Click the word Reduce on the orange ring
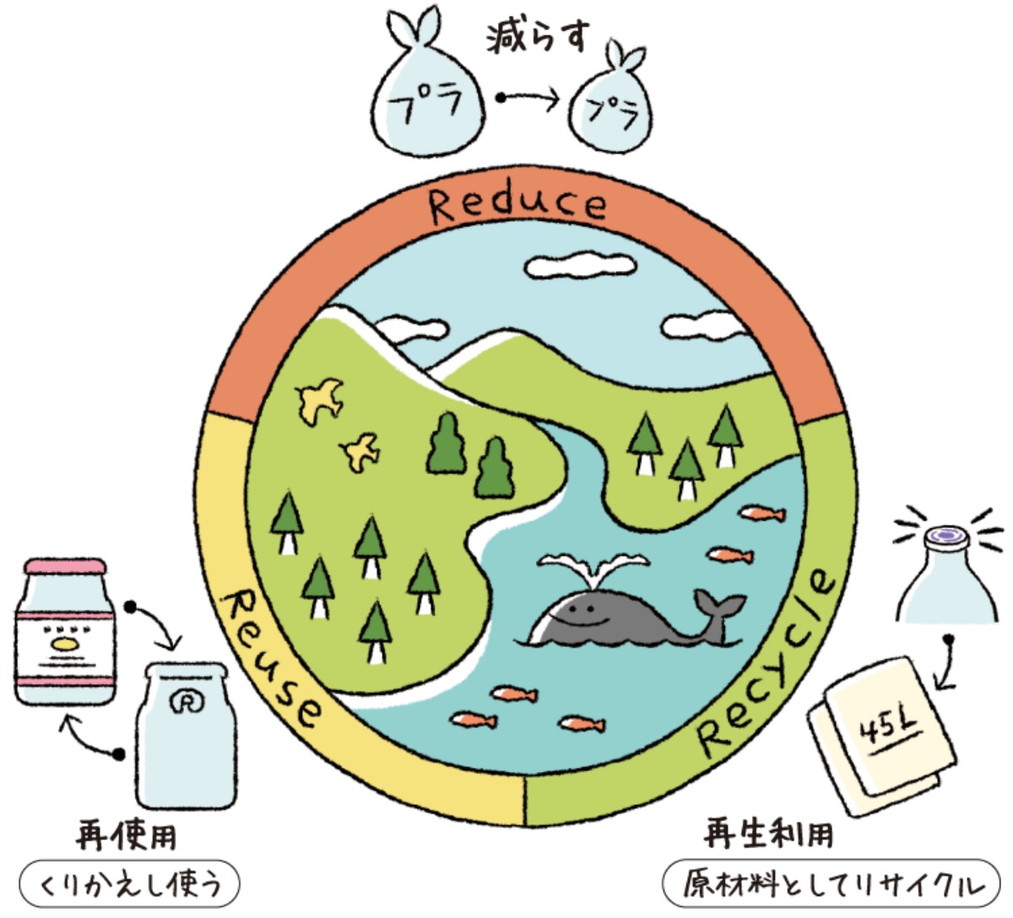(517, 205)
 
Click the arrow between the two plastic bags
(527, 99)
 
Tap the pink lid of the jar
(65, 566)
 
